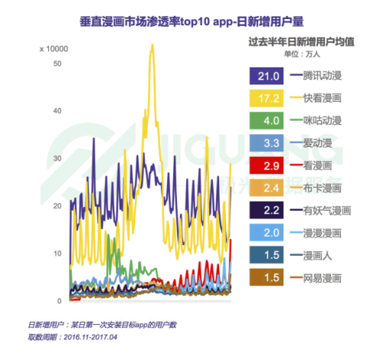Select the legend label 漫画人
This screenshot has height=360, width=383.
click(x=319, y=254)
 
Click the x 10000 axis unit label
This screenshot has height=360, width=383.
click(x=54, y=49)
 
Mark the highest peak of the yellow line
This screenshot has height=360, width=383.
click(x=152, y=44)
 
